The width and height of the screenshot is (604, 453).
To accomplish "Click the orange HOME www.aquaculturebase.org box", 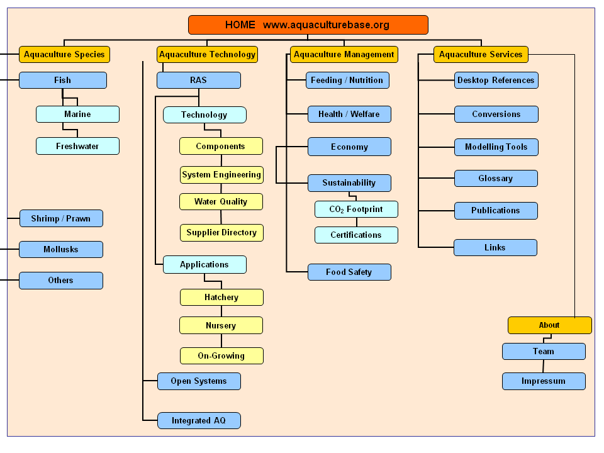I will tap(308, 25).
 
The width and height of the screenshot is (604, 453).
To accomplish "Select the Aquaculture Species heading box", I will tap(64, 55).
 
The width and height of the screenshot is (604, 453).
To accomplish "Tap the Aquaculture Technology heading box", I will tap(207, 55).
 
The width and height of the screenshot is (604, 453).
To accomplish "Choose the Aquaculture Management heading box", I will tap(344, 55).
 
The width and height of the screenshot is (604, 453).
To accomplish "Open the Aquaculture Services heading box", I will tap(481, 55).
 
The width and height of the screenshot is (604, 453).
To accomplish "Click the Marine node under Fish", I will tap(77, 115).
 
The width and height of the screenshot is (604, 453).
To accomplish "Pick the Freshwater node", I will tap(77, 147).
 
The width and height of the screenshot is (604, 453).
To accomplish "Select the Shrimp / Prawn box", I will tap(61, 219).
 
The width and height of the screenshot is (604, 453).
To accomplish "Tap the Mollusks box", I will tap(61, 250).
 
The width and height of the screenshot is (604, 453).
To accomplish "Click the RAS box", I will tap(198, 81).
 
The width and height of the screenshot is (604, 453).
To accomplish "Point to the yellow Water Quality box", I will tap(221, 202).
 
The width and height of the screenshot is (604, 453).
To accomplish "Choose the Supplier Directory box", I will tap(221, 233).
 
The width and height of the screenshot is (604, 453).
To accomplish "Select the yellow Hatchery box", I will tap(221, 298).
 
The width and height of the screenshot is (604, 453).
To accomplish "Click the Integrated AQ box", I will tap(199, 421).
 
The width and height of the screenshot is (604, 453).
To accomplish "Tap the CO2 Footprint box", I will tap(356, 210).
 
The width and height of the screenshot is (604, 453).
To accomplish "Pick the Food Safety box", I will tap(349, 272).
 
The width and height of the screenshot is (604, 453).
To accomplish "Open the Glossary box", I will tap(496, 179).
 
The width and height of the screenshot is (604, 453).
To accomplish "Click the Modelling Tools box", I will tap(496, 147).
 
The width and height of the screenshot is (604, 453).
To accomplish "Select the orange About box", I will tap(549, 325).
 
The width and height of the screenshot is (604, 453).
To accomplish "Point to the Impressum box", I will tap(544, 381).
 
